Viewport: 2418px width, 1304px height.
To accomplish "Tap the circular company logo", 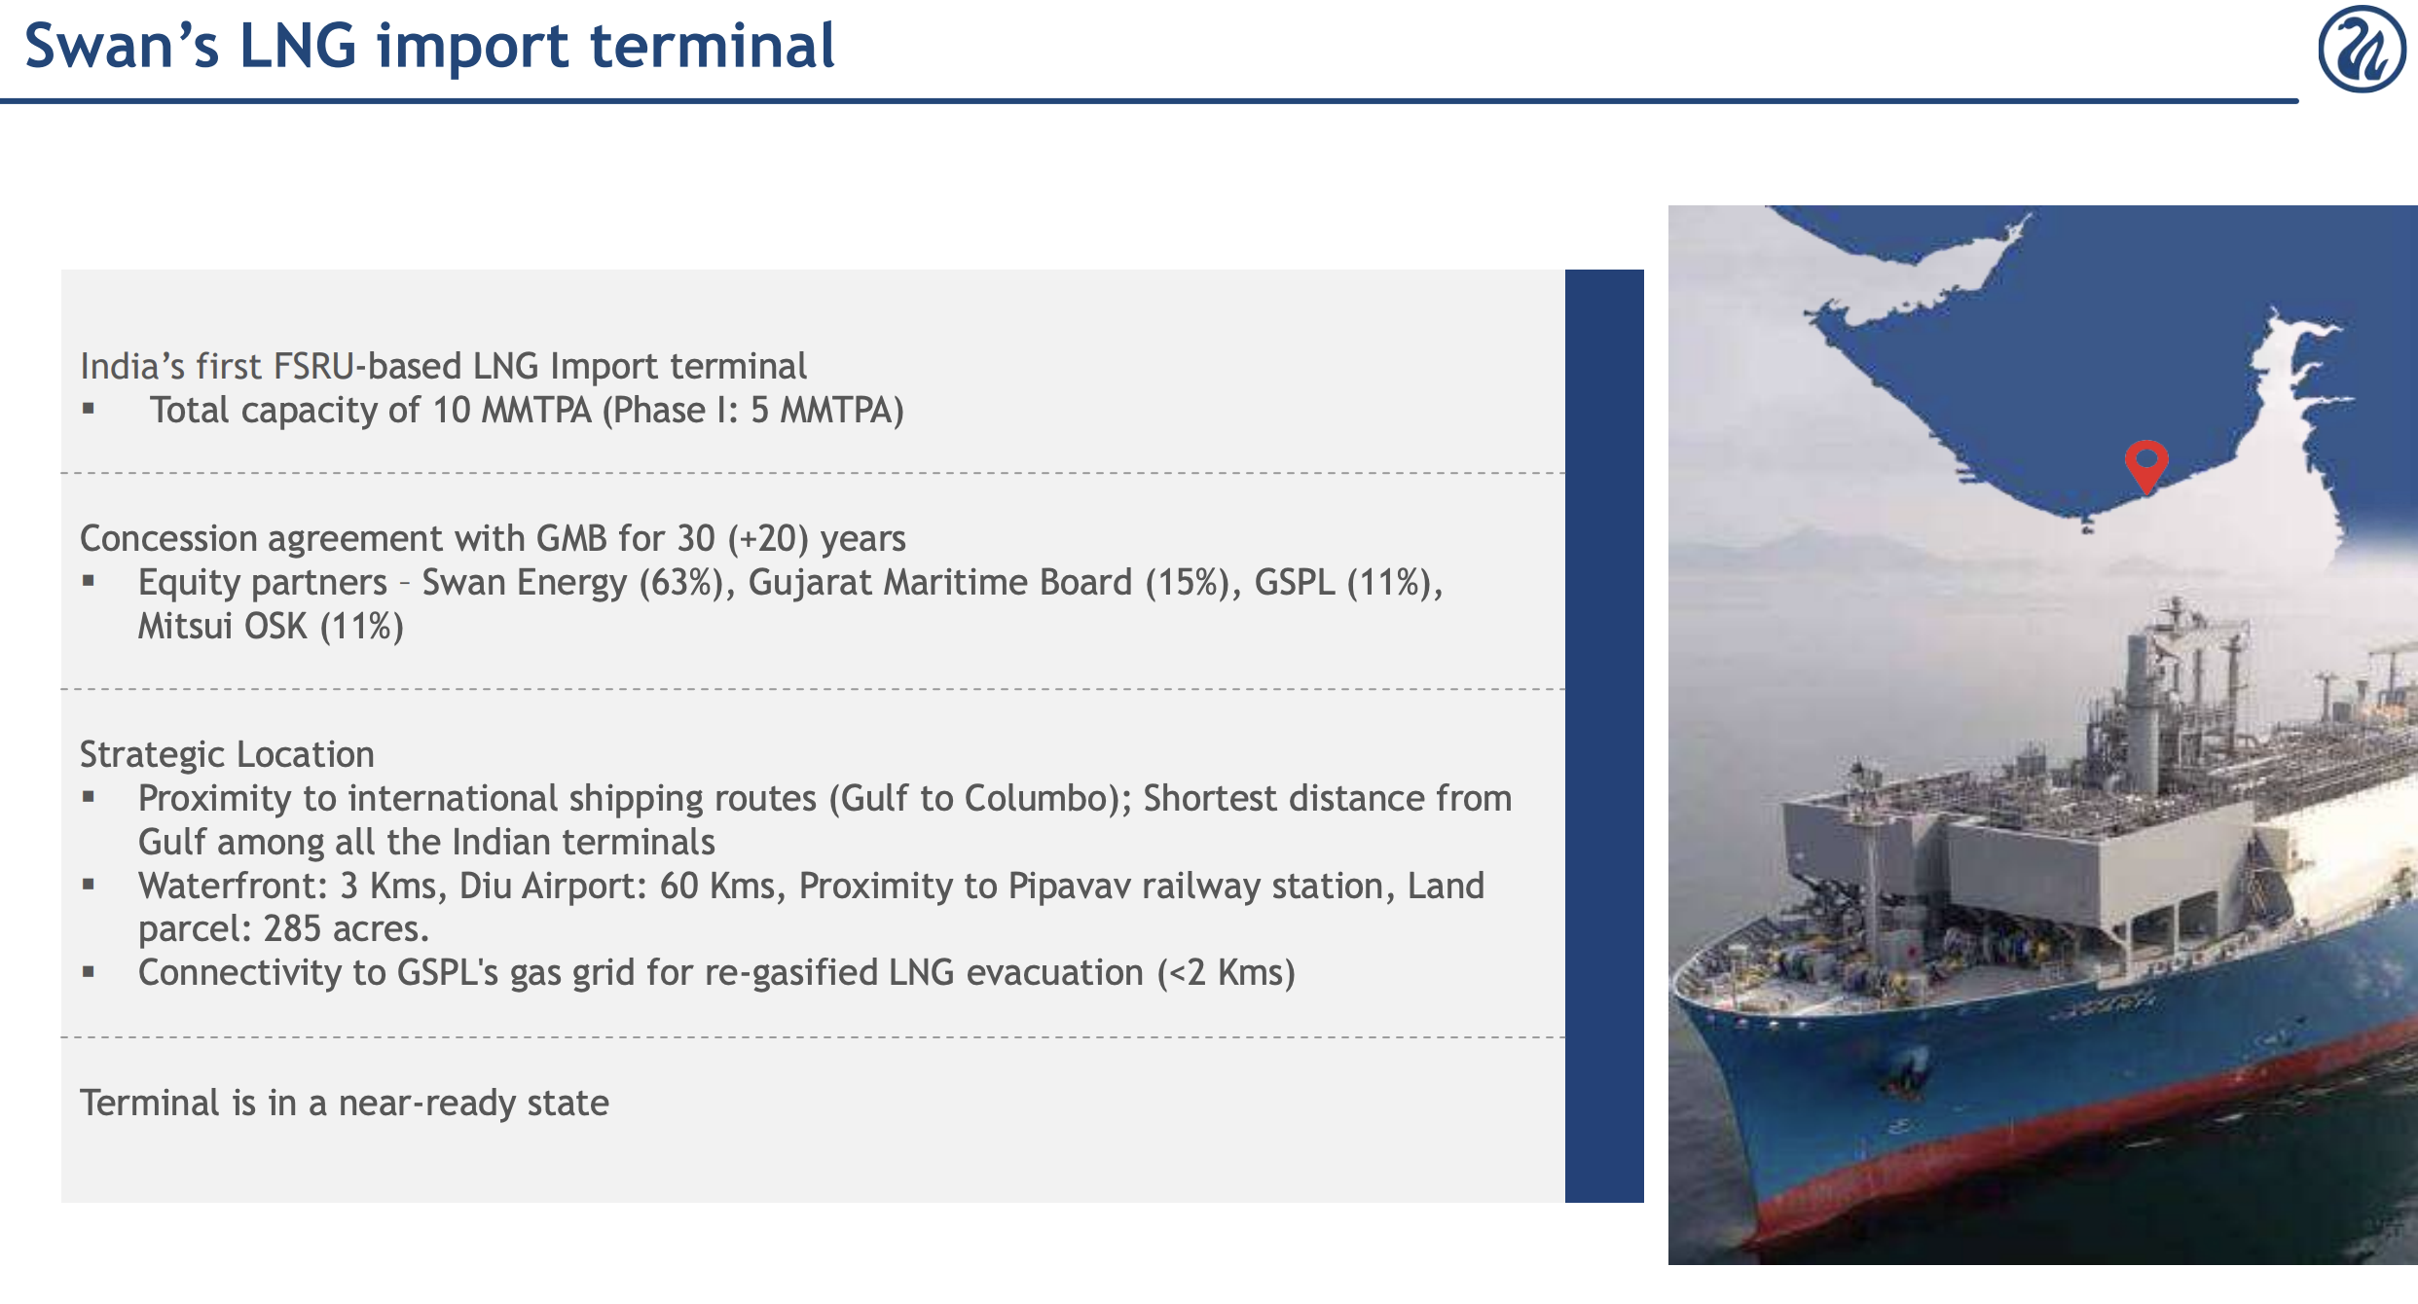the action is pyautogui.click(x=2363, y=49).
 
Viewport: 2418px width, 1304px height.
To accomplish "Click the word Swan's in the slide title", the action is pyautogui.click(x=122, y=46).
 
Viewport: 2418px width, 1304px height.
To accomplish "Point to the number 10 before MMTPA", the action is pyautogui.click(x=452, y=410).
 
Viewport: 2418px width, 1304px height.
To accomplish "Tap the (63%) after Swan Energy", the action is pyautogui.click(x=686, y=582).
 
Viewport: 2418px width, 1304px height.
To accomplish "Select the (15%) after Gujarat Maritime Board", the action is pyautogui.click(x=1192, y=582).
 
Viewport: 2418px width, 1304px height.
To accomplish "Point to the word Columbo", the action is pyautogui.click(x=1047, y=798).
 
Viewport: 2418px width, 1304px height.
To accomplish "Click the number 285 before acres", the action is pyautogui.click(x=292, y=928).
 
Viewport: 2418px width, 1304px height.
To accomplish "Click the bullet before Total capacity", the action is pyautogui.click(x=89, y=410).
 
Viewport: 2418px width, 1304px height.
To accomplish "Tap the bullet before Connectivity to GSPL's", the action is pyautogui.click(x=89, y=972).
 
